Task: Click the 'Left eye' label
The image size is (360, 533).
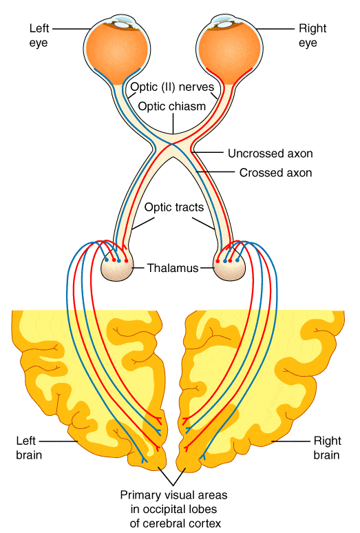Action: pos(39,35)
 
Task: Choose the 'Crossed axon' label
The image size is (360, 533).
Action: pos(275,173)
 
